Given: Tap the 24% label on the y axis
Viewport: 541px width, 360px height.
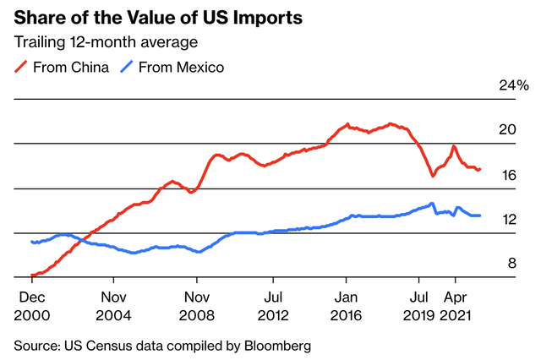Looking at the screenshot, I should coord(512,86).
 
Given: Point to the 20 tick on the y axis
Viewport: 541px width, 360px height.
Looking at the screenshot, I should coord(507,129).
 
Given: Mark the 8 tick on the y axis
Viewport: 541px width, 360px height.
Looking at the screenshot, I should coord(511,264).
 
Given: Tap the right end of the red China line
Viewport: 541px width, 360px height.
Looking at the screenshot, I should coord(480,169).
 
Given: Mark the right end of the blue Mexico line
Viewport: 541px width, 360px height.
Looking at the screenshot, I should coord(480,215).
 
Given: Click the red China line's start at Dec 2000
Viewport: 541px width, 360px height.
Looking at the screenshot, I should coord(32,275).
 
